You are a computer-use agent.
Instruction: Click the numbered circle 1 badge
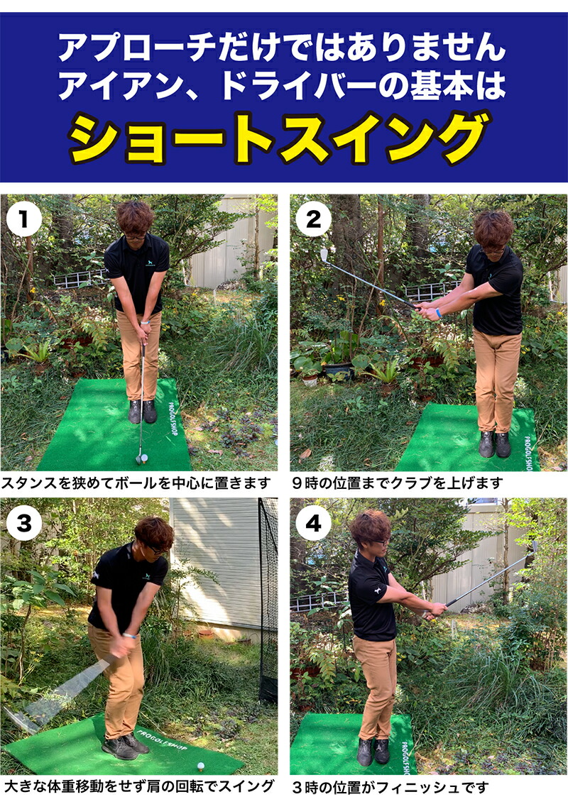(23, 219)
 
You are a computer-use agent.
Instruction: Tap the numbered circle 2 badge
(313, 219)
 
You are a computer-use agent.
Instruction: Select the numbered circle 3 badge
(23, 523)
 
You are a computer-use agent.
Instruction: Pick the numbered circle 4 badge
(313, 523)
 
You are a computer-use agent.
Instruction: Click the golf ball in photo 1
(145, 457)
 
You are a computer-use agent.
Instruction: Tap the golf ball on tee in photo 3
(201, 766)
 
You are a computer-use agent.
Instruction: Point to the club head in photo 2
(324, 255)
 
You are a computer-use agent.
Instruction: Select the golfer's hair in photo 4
(370, 527)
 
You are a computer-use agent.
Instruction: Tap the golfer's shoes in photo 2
(494, 444)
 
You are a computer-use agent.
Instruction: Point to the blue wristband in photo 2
(438, 313)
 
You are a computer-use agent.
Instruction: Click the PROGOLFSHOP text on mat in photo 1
(173, 419)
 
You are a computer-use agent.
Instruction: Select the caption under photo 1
(136, 483)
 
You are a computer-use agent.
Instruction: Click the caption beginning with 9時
(397, 483)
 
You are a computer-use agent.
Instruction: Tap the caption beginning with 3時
(390, 788)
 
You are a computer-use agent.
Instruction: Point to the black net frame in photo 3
(268, 598)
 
